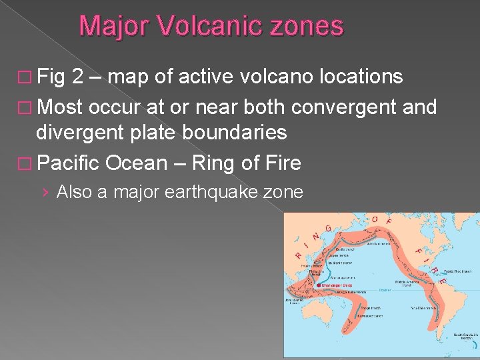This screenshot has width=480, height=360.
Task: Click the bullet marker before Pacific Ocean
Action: click(26, 163)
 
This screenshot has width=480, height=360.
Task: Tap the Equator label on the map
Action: click(385, 290)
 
